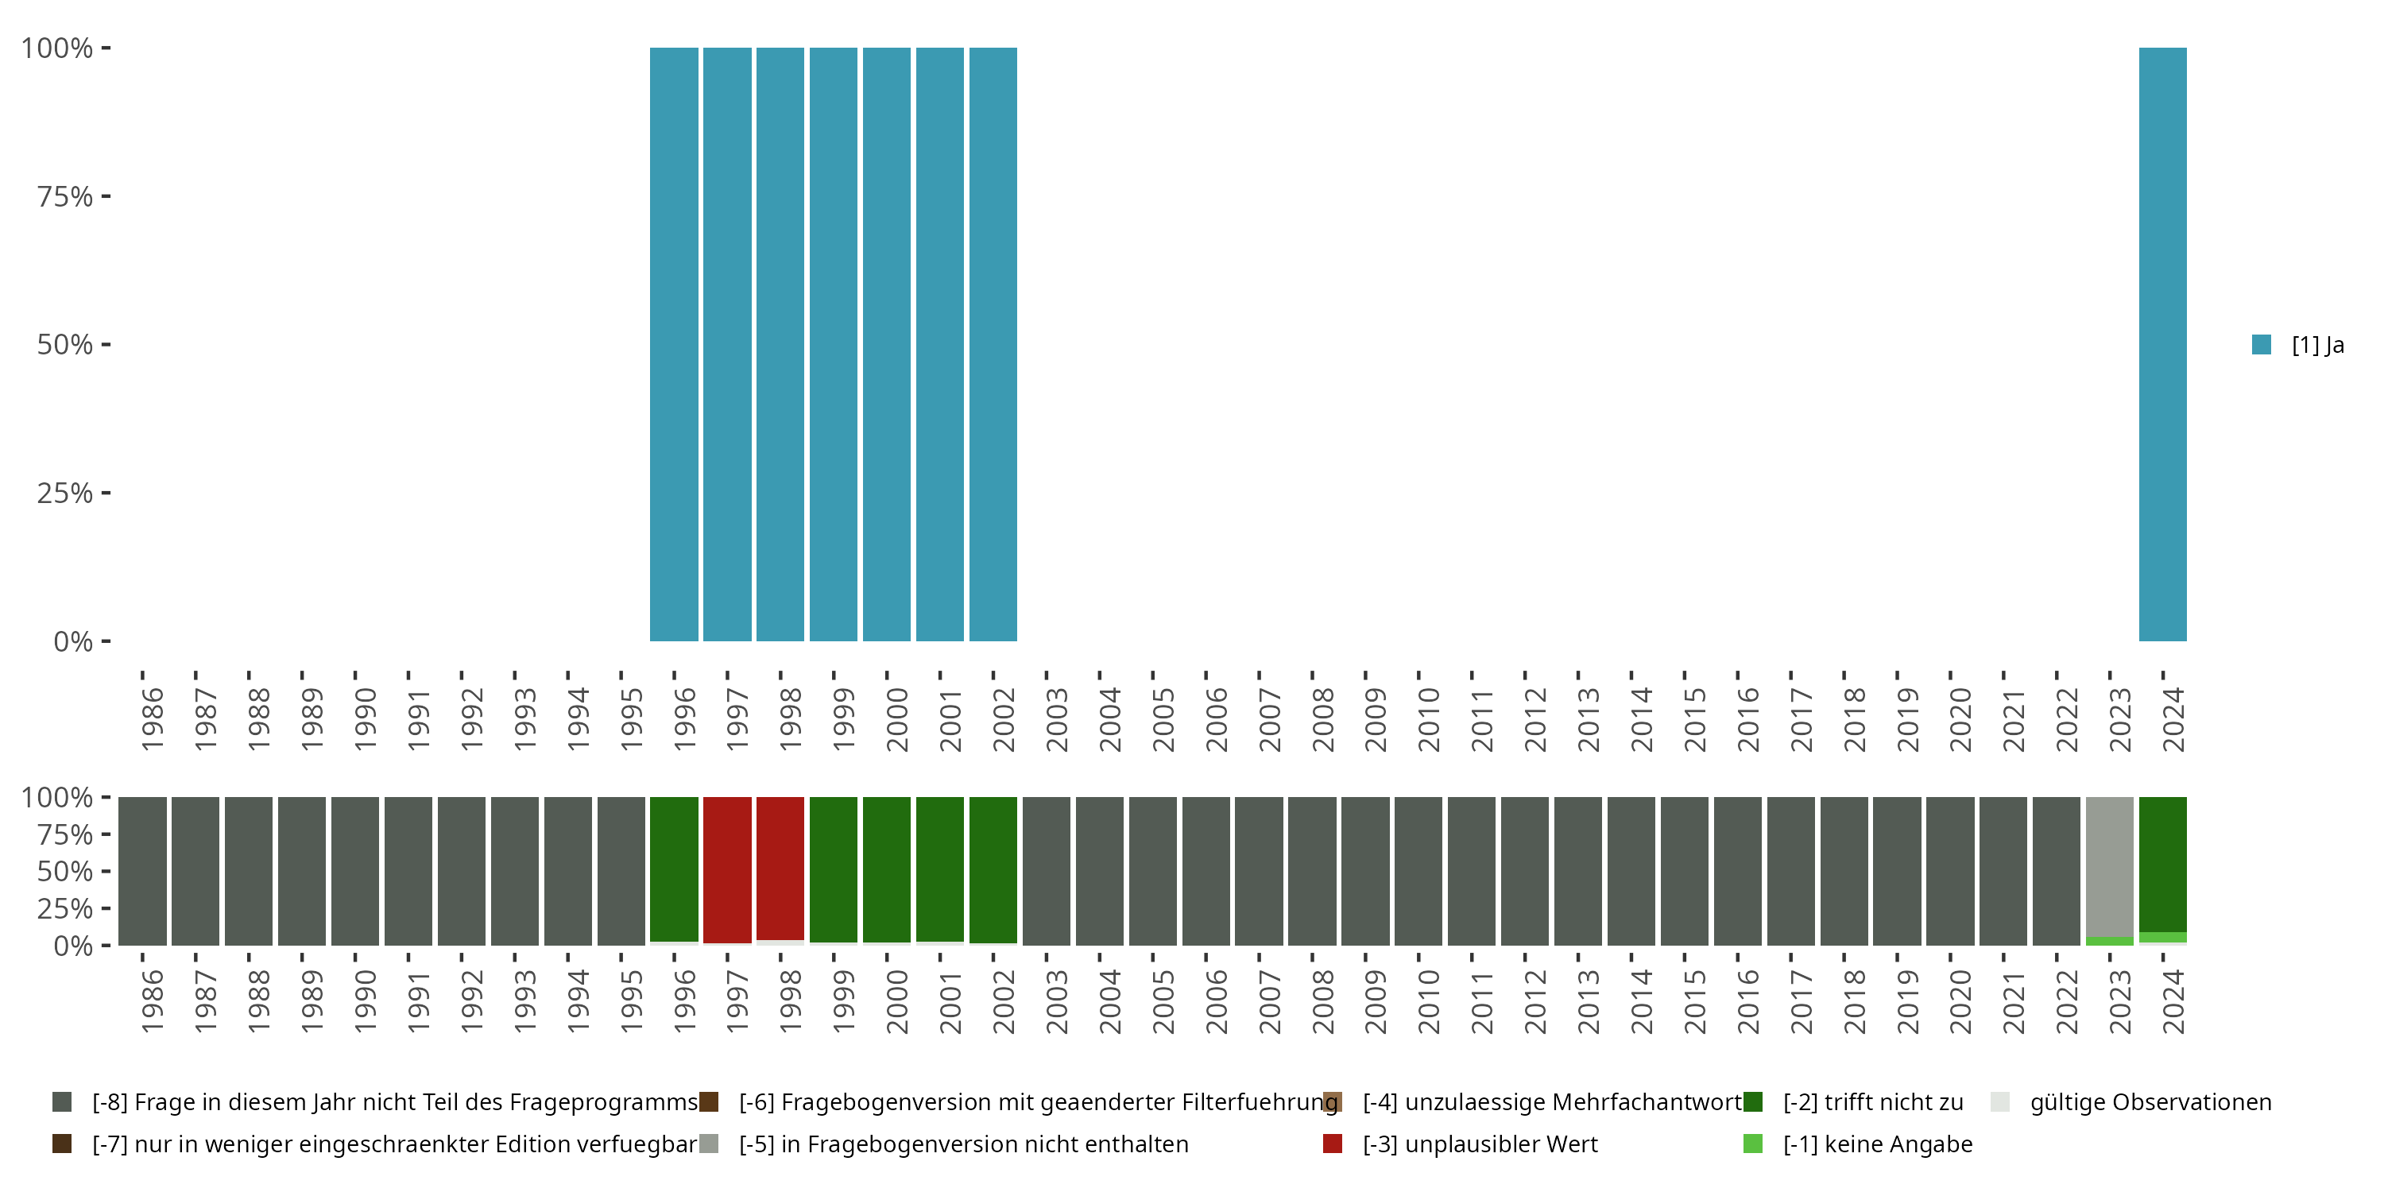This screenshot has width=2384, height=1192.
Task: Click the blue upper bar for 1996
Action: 674,344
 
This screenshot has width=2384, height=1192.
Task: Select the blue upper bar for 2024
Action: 2163,344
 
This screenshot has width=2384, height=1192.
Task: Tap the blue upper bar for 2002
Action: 993,344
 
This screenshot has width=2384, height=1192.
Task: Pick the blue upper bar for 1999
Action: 833,344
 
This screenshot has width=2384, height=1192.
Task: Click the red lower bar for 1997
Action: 727,870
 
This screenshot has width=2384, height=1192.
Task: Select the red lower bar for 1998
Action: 780,868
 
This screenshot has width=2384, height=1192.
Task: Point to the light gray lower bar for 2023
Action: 2110,866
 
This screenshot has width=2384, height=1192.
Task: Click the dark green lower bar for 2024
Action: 2163,865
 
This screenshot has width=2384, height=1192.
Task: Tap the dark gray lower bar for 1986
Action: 142,871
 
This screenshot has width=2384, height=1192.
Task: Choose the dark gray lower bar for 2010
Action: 1418,871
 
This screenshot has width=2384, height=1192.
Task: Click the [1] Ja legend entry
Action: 2299,345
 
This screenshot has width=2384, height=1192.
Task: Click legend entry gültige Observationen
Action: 2131,1102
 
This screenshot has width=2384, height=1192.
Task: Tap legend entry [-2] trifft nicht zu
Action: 1853,1102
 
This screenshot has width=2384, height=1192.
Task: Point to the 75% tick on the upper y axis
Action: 106,196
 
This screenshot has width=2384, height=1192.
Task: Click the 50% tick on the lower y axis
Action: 106,871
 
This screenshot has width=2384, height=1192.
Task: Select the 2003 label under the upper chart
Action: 1057,719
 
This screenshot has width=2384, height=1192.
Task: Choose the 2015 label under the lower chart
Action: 1694,1001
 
